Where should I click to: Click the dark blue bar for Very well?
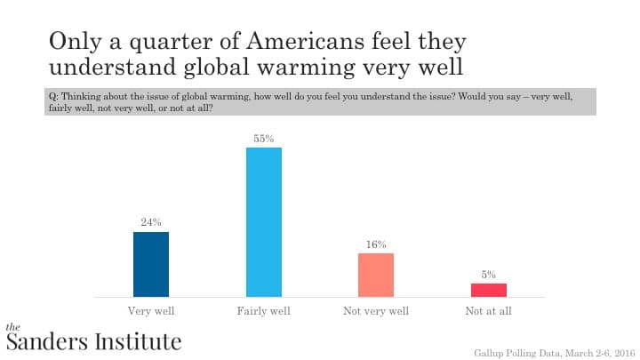point(151,264)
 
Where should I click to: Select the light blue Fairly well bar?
point(263,221)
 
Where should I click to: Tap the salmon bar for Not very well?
point(376,275)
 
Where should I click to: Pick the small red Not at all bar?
point(488,290)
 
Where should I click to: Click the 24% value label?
point(151,222)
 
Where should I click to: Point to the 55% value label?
point(263,138)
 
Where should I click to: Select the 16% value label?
point(376,244)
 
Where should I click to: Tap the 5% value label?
point(489,275)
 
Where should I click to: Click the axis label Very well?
point(151,311)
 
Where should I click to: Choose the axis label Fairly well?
point(263,311)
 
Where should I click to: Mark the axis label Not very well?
point(376,311)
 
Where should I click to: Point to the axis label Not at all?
point(488,311)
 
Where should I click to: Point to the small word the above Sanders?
point(12,326)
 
